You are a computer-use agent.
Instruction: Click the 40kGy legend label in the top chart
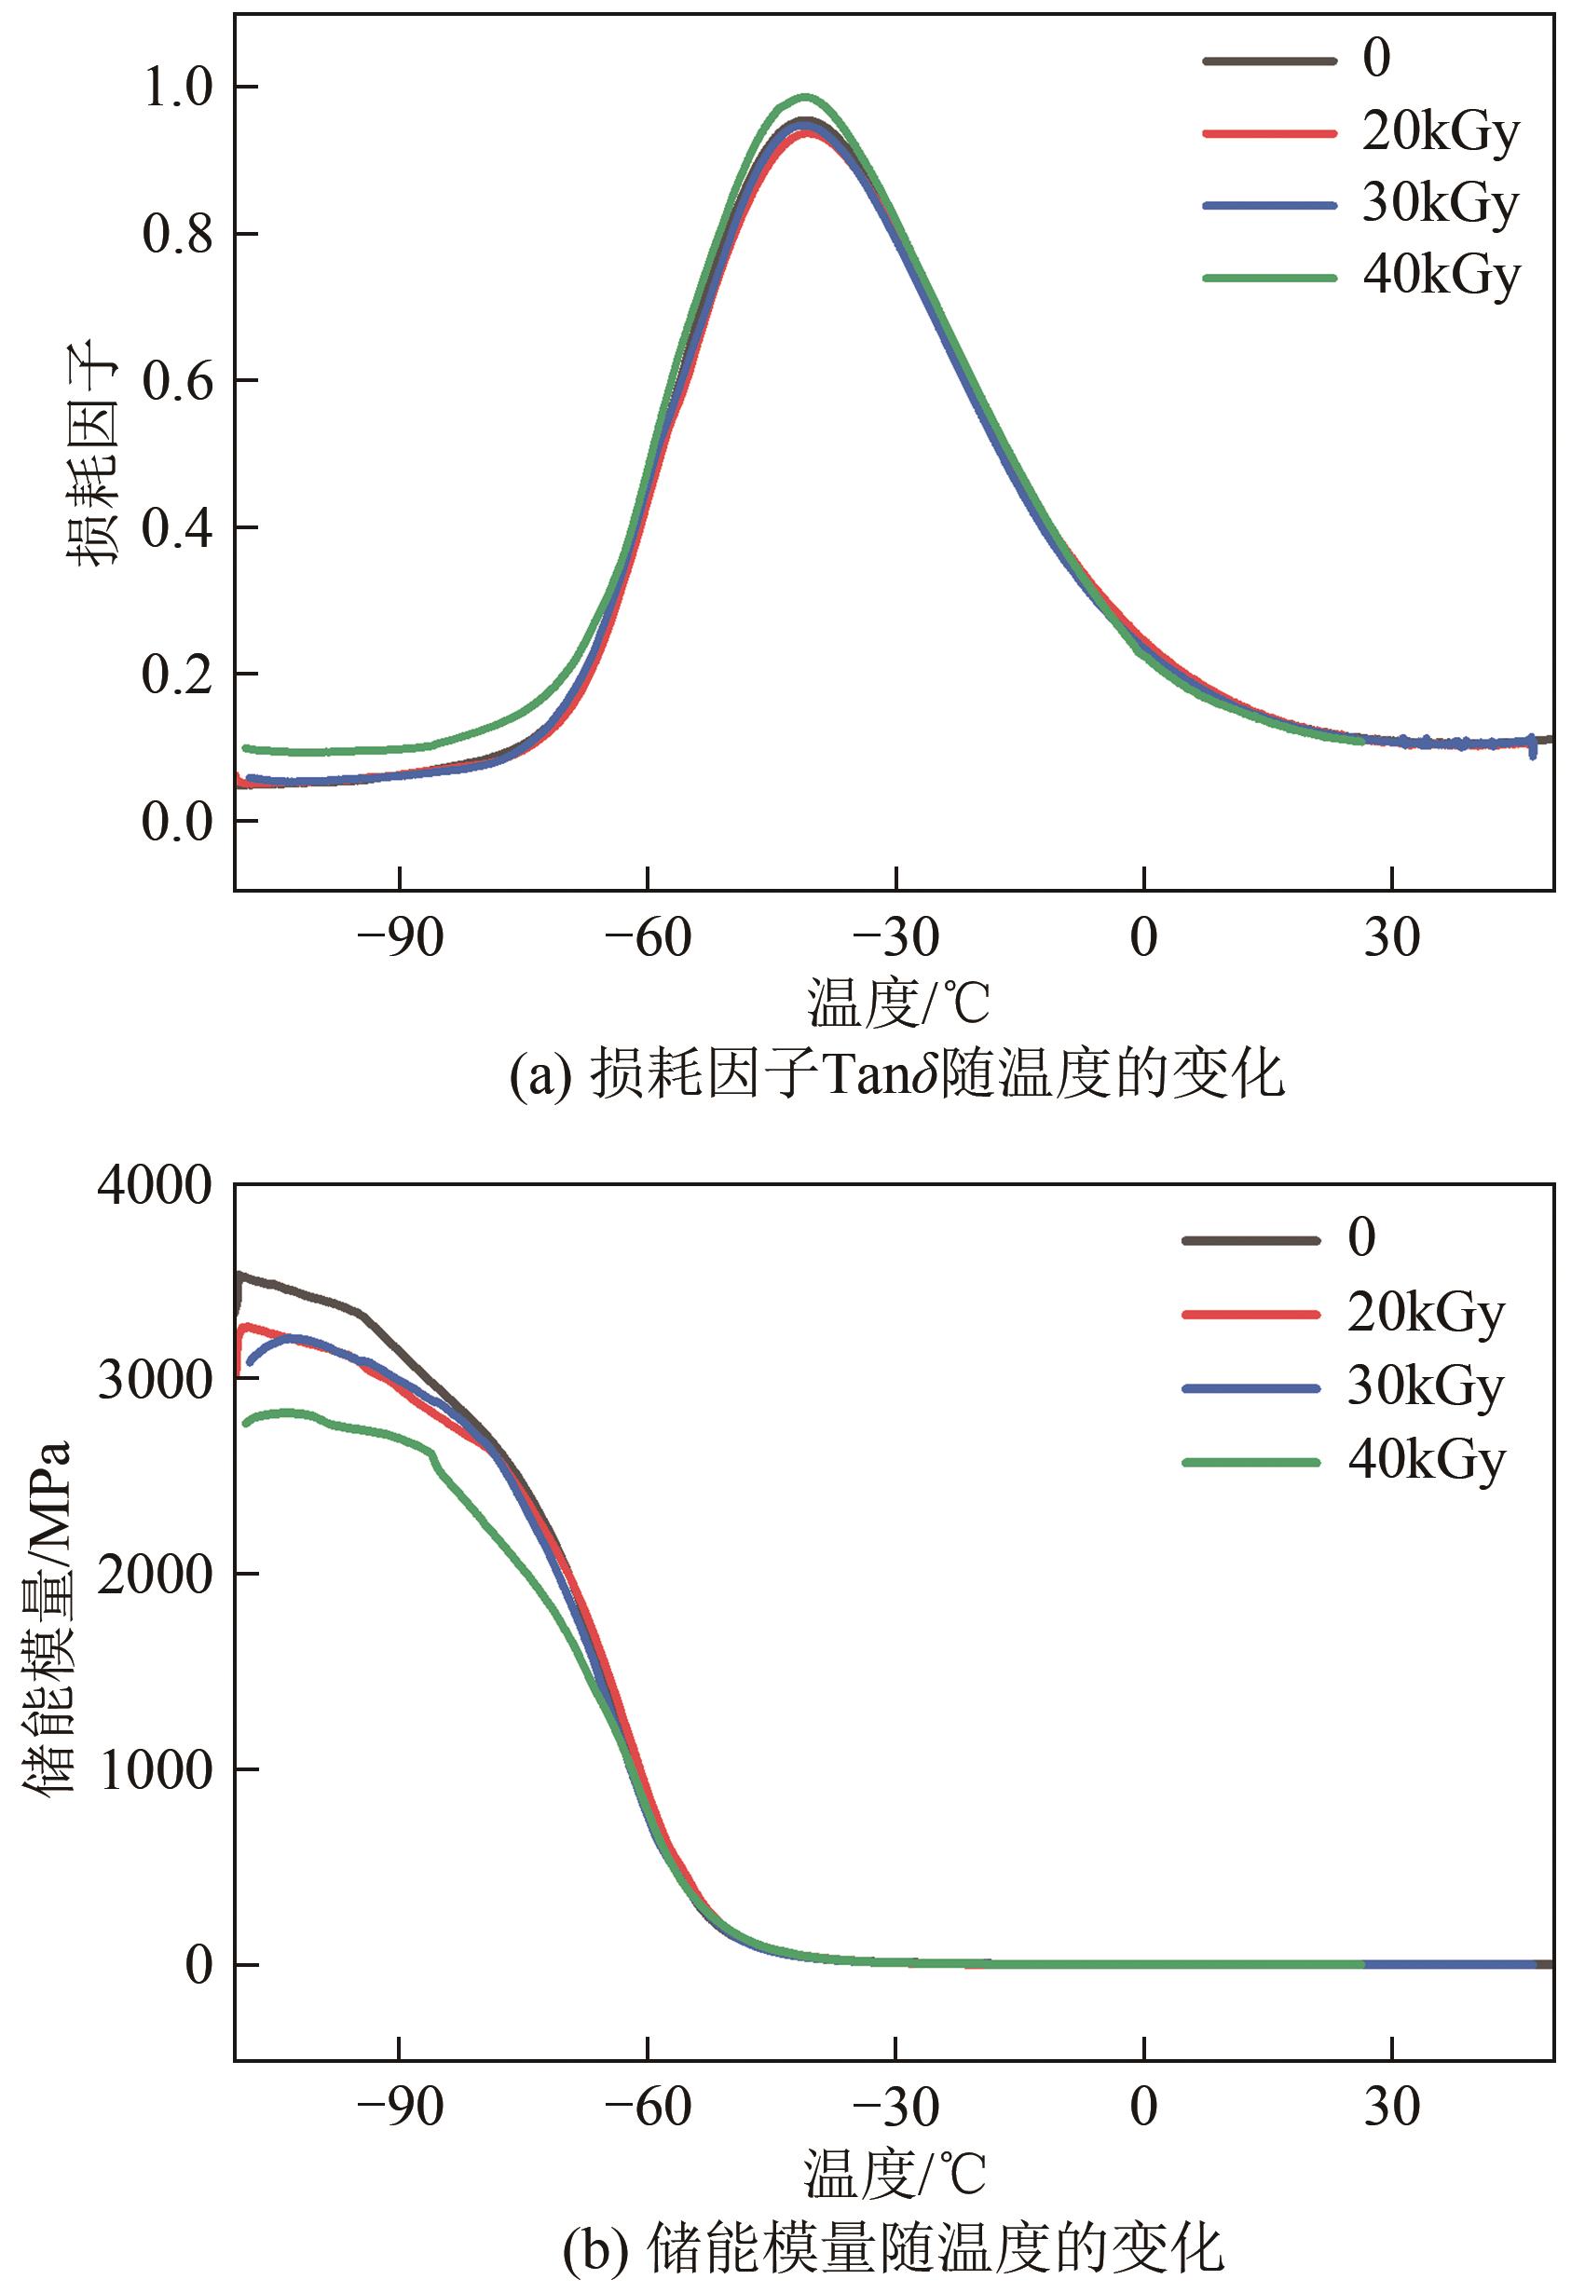coord(1440,276)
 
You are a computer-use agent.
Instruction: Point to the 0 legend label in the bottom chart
coord(1361,1238)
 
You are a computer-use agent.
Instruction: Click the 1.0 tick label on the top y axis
coord(179,88)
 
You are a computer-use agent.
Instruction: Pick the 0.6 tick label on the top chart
coord(179,380)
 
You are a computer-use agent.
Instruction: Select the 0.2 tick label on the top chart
coord(179,675)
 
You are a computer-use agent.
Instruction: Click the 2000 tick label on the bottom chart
coord(155,1574)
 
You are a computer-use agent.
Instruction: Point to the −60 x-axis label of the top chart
coord(648,937)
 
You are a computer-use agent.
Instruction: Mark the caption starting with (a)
coord(896,1074)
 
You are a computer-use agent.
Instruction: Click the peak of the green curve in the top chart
coord(806,97)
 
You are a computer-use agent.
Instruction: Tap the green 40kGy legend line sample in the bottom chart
coord(1250,1462)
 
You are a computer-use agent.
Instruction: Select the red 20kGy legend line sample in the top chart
coord(1268,132)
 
